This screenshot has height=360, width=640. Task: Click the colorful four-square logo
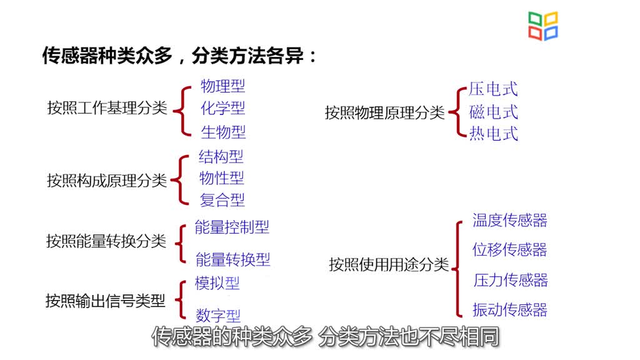pyautogui.click(x=543, y=26)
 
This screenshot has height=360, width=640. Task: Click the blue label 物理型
pyautogui.click(x=223, y=86)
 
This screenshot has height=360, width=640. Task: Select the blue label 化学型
pyautogui.click(x=223, y=108)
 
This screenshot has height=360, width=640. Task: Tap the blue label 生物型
pyautogui.click(x=223, y=132)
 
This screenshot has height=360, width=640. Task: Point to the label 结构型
pyautogui.click(x=221, y=156)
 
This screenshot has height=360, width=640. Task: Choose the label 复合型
pyautogui.click(x=222, y=200)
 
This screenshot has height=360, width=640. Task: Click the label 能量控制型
pyautogui.click(x=232, y=227)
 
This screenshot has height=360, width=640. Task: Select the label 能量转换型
pyautogui.click(x=232, y=259)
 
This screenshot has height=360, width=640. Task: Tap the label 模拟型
pyautogui.click(x=217, y=283)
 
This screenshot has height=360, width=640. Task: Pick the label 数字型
pyautogui.click(x=218, y=315)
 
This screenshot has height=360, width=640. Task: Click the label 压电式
pyautogui.click(x=493, y=89)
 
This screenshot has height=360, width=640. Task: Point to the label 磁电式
pyautogui.click(x=494, y=112)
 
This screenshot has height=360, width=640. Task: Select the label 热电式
pyautogui.click(x=494, y=134)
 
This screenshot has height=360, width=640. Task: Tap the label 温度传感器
pyautogui.click(x=510, y=220)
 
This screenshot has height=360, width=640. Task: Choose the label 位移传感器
pyautogui.click(x=510, y=249)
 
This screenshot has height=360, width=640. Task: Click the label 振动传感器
pyautogui.click(x=510, y=310)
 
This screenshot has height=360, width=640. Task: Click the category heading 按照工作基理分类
pyautogui.click(x=107, y=107)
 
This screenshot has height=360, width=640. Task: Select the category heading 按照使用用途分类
pyautogui.click(x=389, y=264)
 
